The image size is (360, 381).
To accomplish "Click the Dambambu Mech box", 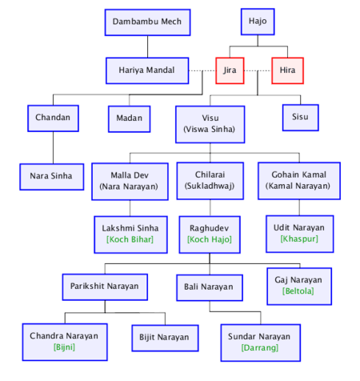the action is tap(147, 22).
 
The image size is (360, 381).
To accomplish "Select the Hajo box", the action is tap(258, 22).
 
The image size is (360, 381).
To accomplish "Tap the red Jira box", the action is tap(230, 70).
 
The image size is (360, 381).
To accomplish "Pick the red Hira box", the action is tap(287, 70).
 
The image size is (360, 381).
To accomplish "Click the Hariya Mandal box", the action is tap(147, 70).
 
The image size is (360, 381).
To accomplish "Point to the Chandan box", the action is tap(53, 118).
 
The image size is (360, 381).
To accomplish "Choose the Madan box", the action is tap(130, 119).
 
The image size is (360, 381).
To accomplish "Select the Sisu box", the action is tap(301, 118).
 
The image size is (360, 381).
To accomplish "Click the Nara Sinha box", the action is tap(52, 177).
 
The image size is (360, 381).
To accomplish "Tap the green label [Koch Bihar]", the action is tap(130, 239).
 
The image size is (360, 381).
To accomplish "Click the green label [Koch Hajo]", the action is tap(210, 239).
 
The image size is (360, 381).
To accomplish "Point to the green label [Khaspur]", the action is tap(299, 239).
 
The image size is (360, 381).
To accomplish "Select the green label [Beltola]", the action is tap(298, 291).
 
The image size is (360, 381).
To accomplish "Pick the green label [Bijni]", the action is tap(64, 347).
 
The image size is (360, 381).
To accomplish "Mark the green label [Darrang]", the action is tap(260, 347).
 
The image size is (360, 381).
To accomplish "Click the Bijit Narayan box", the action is tap(165, 338).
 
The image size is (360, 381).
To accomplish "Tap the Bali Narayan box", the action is tap(210, 287).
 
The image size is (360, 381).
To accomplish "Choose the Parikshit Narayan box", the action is tap(105, 287).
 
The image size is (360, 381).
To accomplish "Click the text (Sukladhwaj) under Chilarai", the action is tap(210, 186).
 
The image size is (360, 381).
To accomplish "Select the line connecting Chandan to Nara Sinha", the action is tap(53, 148).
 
